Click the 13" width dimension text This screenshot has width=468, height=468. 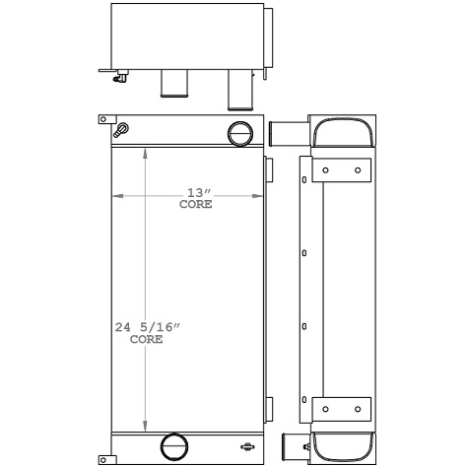coord(195,193)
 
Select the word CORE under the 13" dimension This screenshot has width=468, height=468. coord(195,206)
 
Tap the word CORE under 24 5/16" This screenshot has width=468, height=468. coord(146,339)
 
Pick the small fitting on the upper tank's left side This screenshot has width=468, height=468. coord(121,130)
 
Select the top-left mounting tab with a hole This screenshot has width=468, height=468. coord(102,120)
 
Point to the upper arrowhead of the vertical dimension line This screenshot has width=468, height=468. coord(146,154)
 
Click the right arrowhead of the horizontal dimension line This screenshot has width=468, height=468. coord(259,196)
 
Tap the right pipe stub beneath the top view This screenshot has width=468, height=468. coord(239,90)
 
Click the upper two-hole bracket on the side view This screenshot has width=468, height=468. coord(341,170)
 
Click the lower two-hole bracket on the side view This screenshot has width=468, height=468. coord(341,409)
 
